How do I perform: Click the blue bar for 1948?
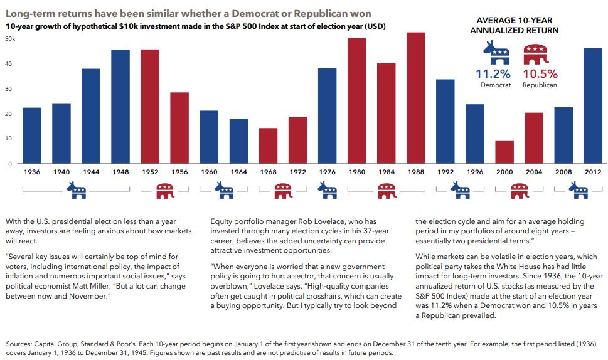click(120, 106)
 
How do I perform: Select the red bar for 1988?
click(416, 98)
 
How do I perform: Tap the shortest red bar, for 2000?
click(504, 152)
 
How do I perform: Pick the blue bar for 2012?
click(593, 106)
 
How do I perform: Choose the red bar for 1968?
click(268, 146)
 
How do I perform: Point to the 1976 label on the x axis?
click(327, 171)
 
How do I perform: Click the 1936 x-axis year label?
click(32, 171)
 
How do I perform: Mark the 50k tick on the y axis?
click(10, 39)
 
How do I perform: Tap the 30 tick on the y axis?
click(9, 88)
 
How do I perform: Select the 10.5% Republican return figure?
click(540, 73)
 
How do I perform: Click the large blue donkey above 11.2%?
click(496, 54)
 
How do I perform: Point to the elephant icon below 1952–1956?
click(165, 191)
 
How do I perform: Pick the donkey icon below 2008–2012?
click(579, 190)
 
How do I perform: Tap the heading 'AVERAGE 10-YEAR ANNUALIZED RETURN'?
click(513, 25)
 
